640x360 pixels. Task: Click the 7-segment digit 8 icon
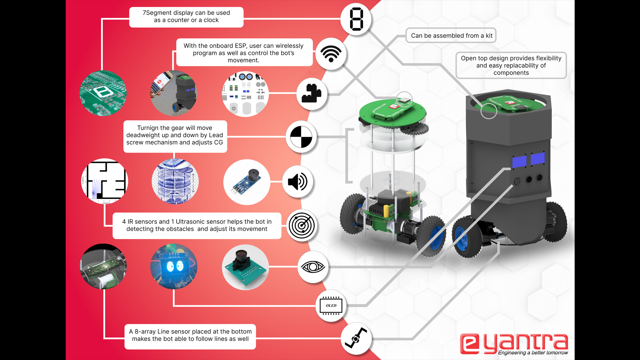pos(356,19)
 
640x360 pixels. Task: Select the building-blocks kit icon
pos(312,94)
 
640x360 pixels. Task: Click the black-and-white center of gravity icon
pos(301,137)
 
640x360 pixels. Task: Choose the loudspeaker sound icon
pos(298,182)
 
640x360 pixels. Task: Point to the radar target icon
pos(302,226)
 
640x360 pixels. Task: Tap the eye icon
pos(313,267)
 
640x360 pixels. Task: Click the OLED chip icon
pos(331,305)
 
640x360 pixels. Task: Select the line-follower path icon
pos(356,338)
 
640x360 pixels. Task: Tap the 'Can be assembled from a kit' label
pos(451,36)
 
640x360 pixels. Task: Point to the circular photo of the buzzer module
pos(247,182)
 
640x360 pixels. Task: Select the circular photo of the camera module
pos(245,267)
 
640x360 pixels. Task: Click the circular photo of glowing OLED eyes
pos(174,266)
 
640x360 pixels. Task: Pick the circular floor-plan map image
pos(105,181)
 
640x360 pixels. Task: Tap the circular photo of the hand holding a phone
pos(174,93)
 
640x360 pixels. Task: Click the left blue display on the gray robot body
pos(519,162)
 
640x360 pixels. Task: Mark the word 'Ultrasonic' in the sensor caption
pos(191,222)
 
